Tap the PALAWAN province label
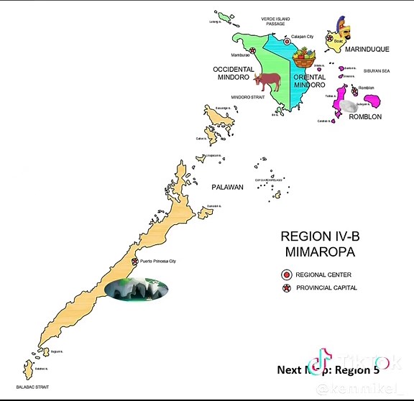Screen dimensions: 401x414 227,187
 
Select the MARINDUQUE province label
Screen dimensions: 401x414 367,50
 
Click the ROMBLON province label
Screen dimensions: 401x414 365,116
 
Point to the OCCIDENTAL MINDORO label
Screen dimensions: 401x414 231,73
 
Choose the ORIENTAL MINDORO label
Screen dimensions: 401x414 310,80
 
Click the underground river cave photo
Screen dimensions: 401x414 136,290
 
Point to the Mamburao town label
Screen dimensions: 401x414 240,55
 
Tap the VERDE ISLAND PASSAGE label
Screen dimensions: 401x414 275,21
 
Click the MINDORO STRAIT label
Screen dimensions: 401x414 248,96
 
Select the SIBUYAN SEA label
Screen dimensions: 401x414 377,71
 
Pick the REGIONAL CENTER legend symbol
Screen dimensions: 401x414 286,275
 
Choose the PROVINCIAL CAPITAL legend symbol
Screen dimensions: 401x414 286,288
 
